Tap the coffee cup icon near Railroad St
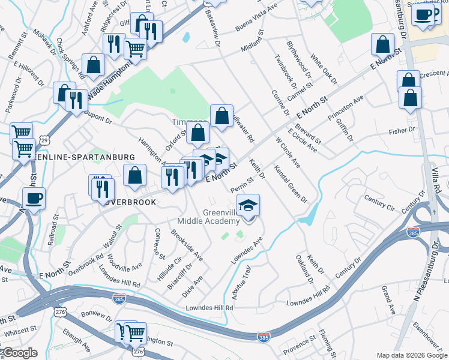[33, 198]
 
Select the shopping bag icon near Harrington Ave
[135, 175]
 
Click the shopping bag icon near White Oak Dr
[382, 44]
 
